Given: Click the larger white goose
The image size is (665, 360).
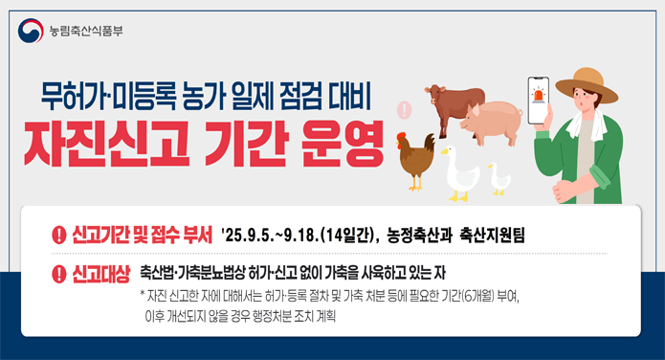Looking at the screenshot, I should (x=459, y=169).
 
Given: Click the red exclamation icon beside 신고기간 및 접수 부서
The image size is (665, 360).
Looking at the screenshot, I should (x=58, y=234).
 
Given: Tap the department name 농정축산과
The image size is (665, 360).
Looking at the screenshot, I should (x=420, y=234).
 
